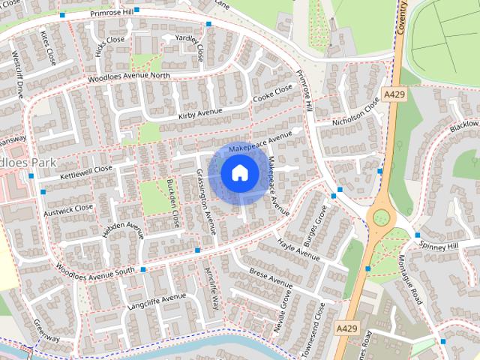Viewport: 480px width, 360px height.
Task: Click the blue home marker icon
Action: (238, 172)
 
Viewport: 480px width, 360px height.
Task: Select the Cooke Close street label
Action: (272, 94)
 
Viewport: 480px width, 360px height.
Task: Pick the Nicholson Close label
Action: (356, 111)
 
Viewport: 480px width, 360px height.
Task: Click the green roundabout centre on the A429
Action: (382, 217)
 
